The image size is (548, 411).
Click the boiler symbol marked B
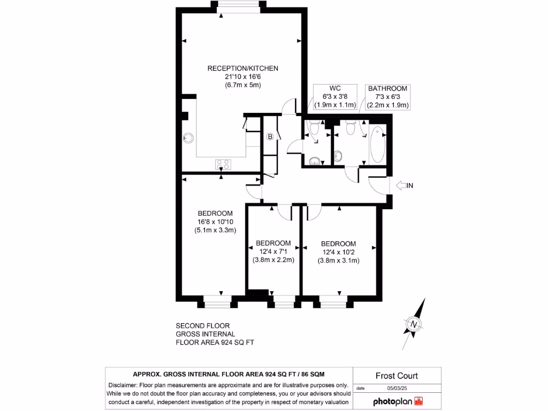click(270, 137)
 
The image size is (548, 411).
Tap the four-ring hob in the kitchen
click(223, 164)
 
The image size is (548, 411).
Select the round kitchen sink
click(188, 138)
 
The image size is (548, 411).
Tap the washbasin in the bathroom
click(338, 156)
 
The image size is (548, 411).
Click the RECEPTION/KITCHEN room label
click(243, 68)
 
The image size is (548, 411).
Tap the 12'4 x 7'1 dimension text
click(273, 252)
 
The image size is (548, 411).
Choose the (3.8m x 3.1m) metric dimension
click(338, 261)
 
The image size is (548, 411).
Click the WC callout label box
click(335, 97)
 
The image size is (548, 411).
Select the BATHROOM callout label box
click(387, 97)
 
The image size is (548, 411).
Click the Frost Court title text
click(397, 376)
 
